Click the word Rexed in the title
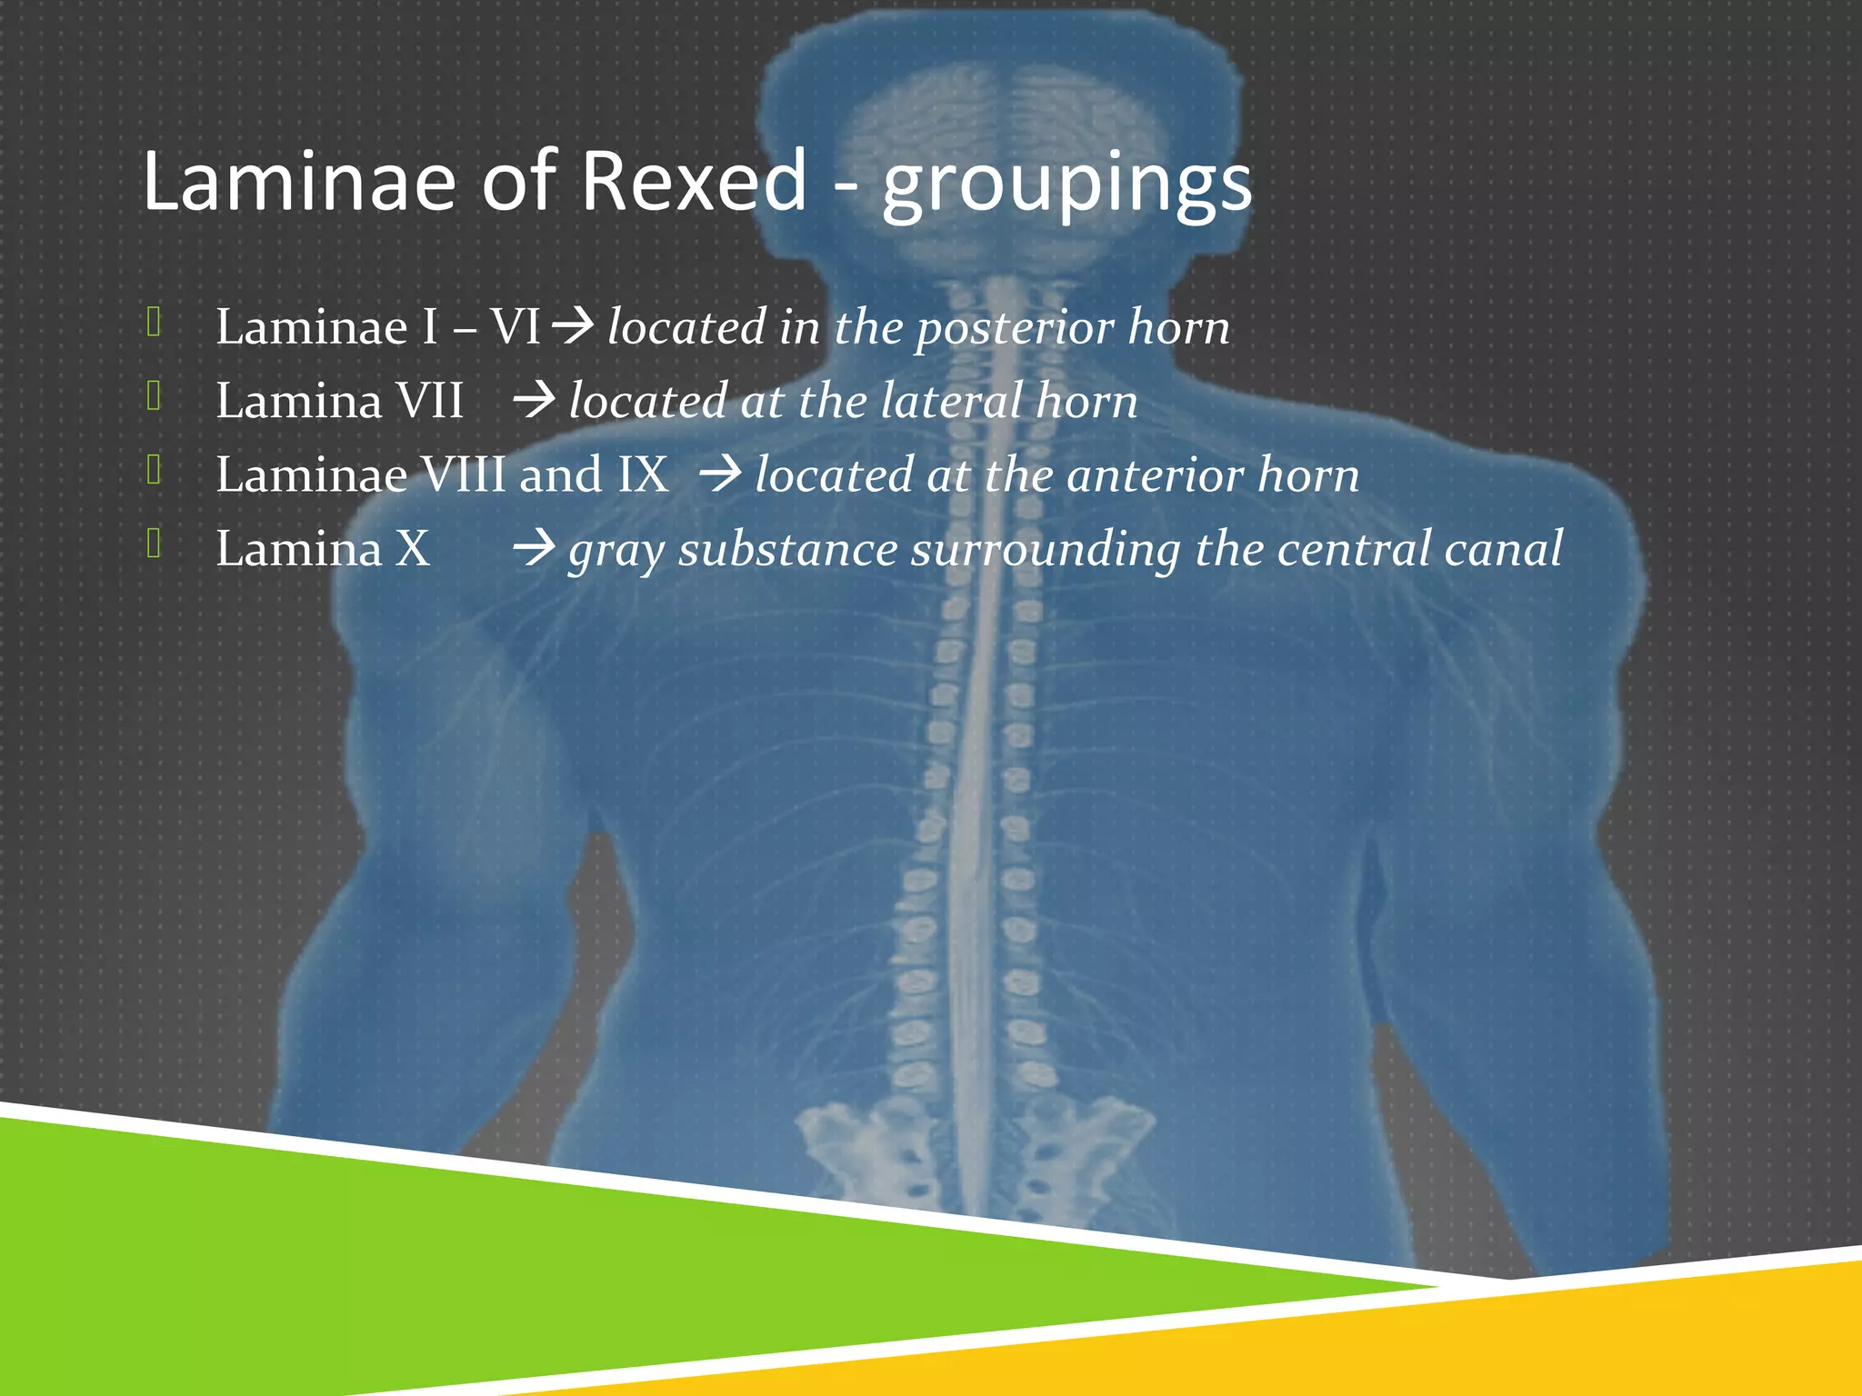click(x=694, y=181)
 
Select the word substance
click(x=788, y=549)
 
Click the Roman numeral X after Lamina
click(x=412, y=549)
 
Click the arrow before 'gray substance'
click(x=534, y=549)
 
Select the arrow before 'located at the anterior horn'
click(x=720, y=475)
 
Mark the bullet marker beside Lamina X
click(x=154, y=543)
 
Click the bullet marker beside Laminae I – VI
click(x=154, y=322)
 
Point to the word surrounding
click(x=1046, y=549)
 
